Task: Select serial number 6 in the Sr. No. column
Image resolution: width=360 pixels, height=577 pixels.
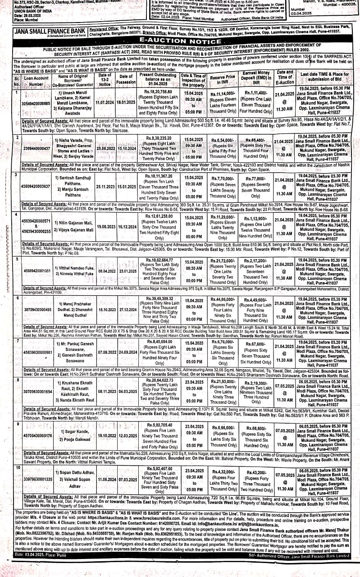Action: click(18, 298)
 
